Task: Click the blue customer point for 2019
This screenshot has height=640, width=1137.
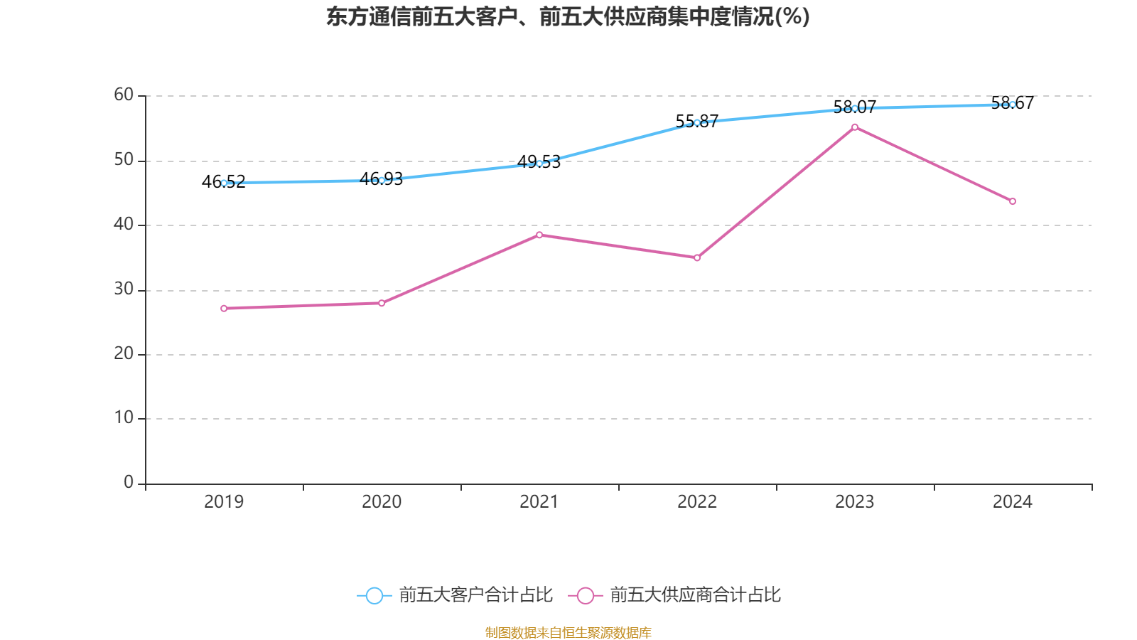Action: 224,183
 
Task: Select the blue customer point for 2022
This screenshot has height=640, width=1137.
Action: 697,122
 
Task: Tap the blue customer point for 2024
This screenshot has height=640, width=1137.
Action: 1013,105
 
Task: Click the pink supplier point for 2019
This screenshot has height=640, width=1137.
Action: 224,309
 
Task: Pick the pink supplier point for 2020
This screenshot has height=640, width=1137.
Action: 382,303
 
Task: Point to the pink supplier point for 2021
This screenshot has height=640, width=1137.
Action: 539,235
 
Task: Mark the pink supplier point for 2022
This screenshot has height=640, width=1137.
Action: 697,258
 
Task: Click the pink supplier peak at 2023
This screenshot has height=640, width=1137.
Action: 855,127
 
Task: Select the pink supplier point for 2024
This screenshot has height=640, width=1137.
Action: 1013,201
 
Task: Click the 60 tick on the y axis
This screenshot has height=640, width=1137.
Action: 124,95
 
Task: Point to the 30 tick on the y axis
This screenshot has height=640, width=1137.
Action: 124,289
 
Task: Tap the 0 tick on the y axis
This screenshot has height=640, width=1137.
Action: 129,482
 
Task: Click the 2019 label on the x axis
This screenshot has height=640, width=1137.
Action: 224,501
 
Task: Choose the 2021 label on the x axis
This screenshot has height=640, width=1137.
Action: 539,501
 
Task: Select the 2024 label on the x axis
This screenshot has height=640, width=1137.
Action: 1013,501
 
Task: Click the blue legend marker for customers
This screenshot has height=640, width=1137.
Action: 374,595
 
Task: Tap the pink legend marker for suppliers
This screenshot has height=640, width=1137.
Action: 586,595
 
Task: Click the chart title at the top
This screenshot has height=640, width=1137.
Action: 568,16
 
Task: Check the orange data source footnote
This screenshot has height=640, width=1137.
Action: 568,632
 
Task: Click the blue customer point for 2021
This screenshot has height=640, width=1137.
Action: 539,164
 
